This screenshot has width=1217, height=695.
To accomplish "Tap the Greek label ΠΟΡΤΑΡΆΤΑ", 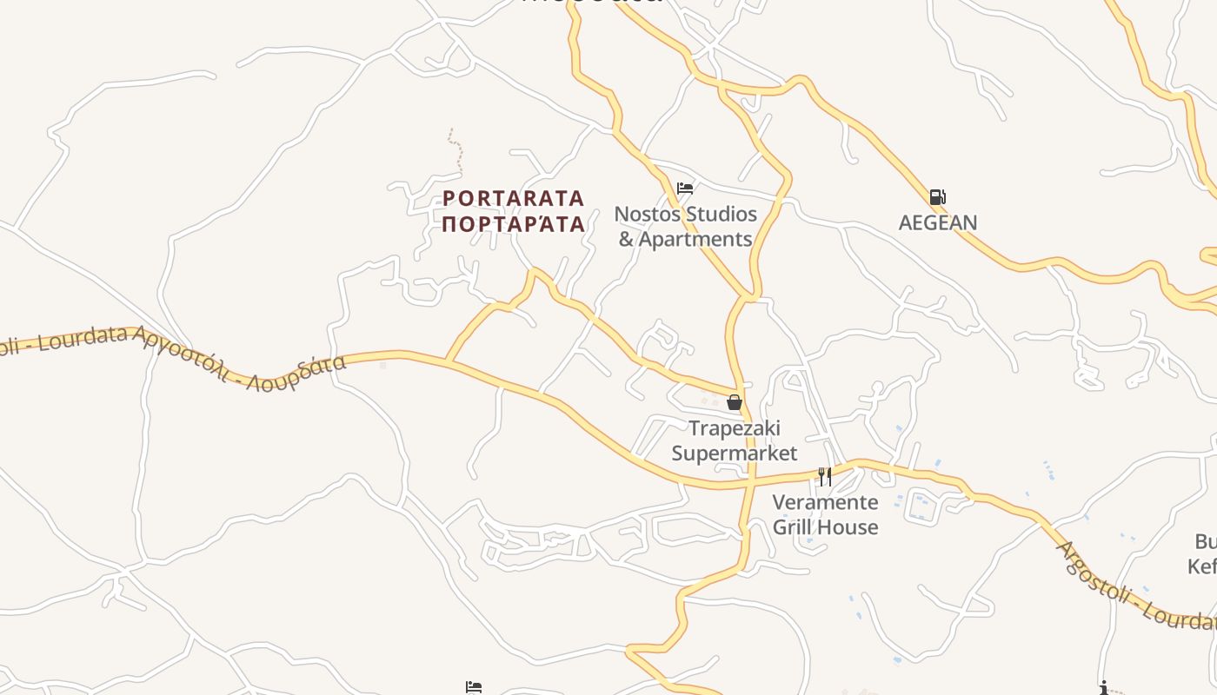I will click(513, 224).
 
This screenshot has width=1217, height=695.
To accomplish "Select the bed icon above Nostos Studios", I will click(685, 188).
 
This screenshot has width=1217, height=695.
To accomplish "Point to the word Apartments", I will click(695, 239).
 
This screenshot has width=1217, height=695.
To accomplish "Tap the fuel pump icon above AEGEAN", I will click(937, 197).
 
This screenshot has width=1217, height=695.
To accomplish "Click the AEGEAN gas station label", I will click(937, 222).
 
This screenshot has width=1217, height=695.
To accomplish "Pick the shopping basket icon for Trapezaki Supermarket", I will click(735, 402).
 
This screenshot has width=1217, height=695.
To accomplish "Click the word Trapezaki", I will click(735, 427).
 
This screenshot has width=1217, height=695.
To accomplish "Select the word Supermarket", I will click(735, 453).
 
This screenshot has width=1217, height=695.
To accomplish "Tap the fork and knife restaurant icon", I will click(825, 476).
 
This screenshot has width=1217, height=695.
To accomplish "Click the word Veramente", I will click(825, 502).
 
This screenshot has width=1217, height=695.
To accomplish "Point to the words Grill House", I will click(825, 527).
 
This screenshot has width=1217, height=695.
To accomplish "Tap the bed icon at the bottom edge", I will click(474, 688).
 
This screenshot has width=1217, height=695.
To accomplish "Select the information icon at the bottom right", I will click(1104, 688).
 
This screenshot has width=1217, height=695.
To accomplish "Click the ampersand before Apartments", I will click(626, 240).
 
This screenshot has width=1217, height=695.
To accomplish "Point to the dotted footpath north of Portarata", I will click(455, 149).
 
